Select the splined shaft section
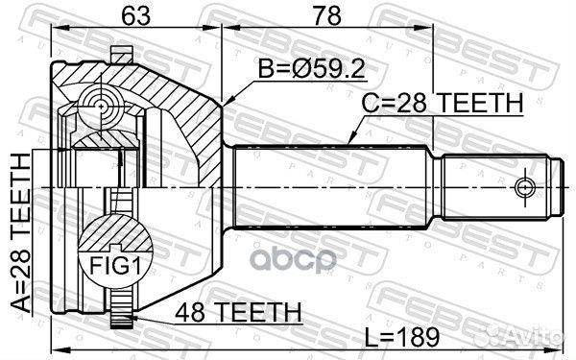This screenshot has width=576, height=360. [x=331, y=184]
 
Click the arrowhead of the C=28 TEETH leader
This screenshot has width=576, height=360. [x=340, y=147]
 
